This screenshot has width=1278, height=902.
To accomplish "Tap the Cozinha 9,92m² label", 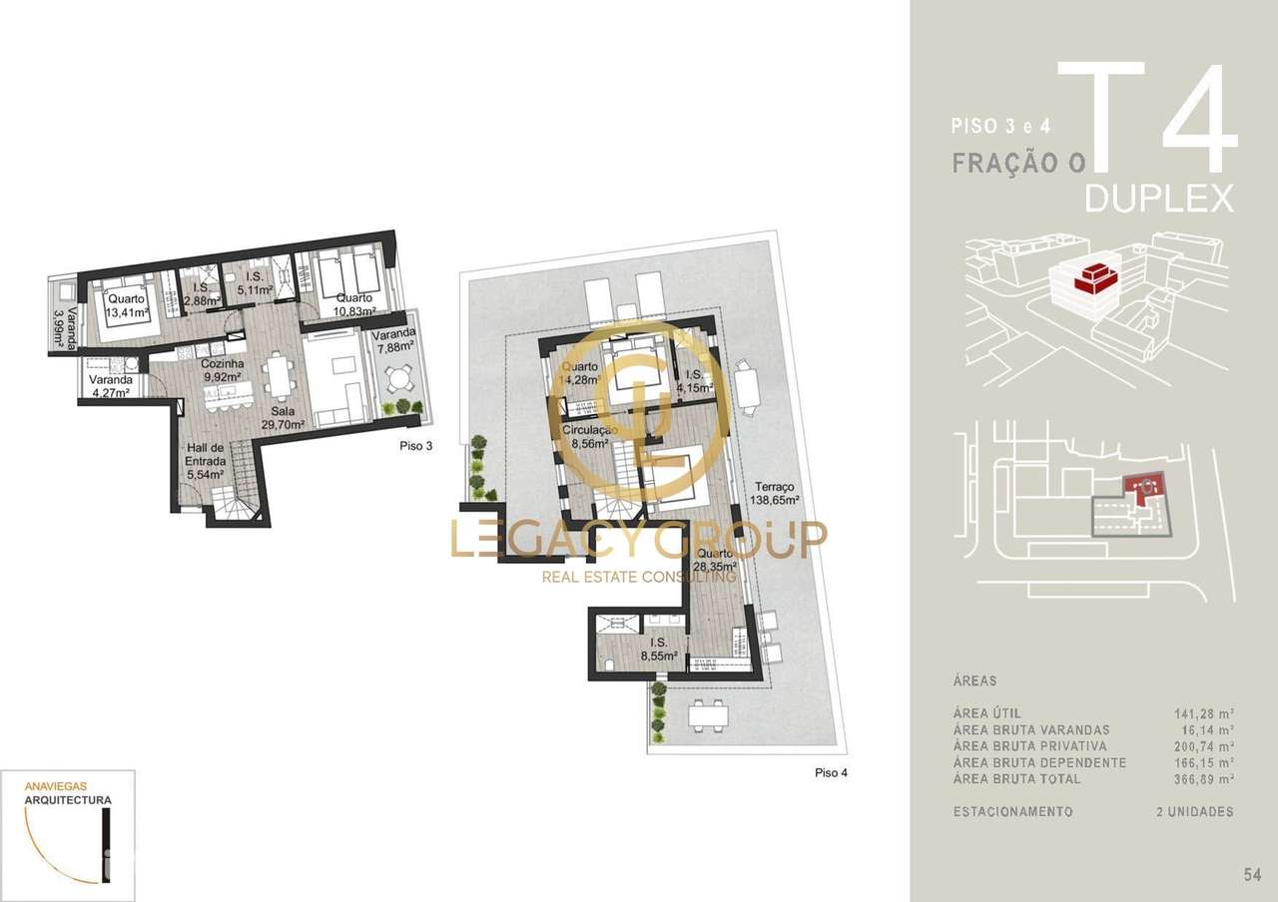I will coord(225,371).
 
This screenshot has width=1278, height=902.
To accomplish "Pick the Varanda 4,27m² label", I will coord(111,386).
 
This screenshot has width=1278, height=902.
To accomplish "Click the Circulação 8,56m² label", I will coord(590,435).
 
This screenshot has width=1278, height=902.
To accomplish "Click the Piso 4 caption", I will coord(832,772).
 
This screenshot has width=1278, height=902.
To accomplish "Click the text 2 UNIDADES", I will coord(1194,812).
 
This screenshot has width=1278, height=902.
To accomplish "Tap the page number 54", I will coord(1252,876).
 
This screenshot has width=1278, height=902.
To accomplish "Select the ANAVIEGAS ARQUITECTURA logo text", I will coord(68,792).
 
